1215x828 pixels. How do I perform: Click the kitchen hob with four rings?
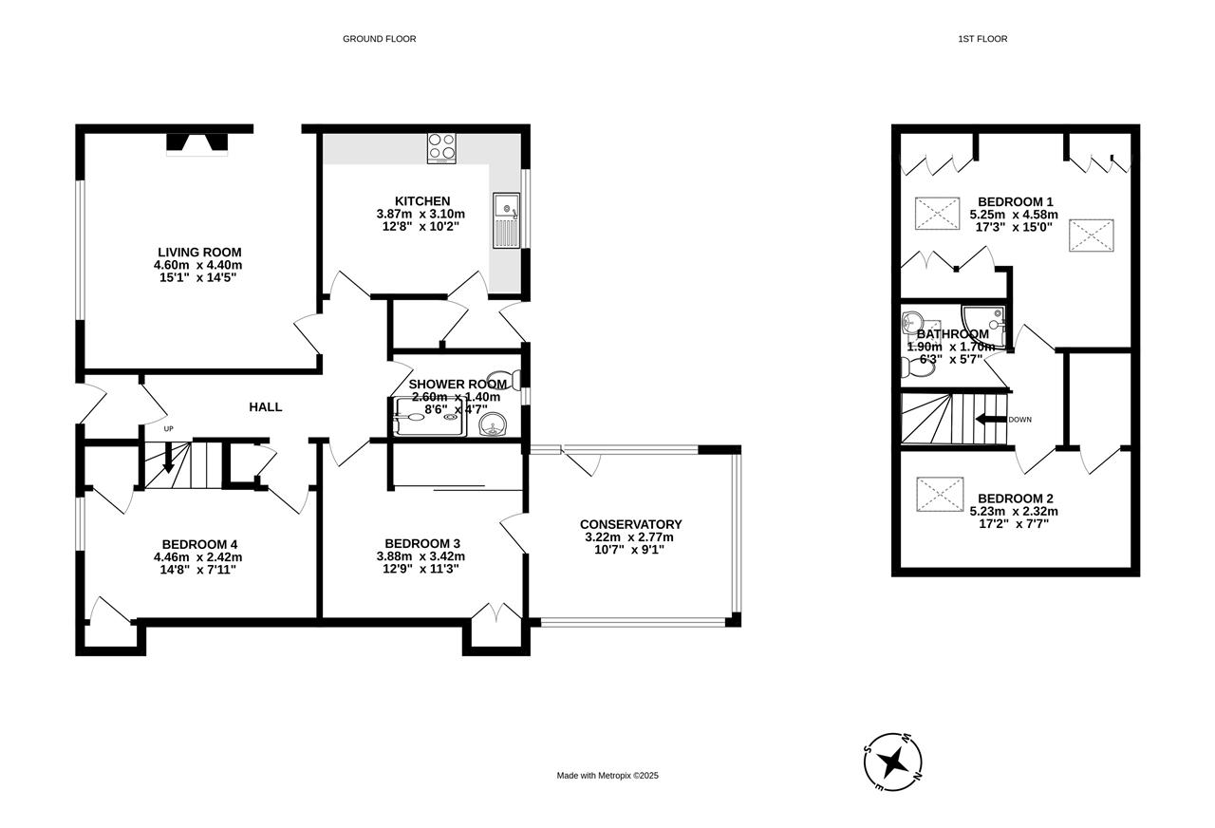441,148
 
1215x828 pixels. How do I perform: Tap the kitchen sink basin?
507,207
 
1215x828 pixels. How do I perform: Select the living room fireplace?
196,144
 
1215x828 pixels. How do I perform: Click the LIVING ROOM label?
199,253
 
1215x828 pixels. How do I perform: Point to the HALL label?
265,407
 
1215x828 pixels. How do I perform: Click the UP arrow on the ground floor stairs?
168,457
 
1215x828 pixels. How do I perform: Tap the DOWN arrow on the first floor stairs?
991,419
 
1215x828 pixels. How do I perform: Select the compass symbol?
893,762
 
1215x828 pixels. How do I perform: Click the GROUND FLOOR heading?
379,39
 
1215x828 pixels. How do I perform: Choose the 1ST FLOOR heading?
982,39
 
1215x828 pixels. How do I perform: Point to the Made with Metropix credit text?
607,776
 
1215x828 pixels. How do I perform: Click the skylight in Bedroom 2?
940,495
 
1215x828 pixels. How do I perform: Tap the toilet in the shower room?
504,379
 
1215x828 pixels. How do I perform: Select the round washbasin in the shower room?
493,424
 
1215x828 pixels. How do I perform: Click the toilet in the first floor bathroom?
918,368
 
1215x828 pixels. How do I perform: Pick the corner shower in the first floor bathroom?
984,327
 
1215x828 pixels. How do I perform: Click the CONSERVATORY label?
631,525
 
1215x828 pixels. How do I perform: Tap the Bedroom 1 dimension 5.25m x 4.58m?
1014,215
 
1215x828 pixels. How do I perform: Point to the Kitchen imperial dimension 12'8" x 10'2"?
421,227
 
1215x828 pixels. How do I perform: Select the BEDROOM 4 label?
199,544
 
